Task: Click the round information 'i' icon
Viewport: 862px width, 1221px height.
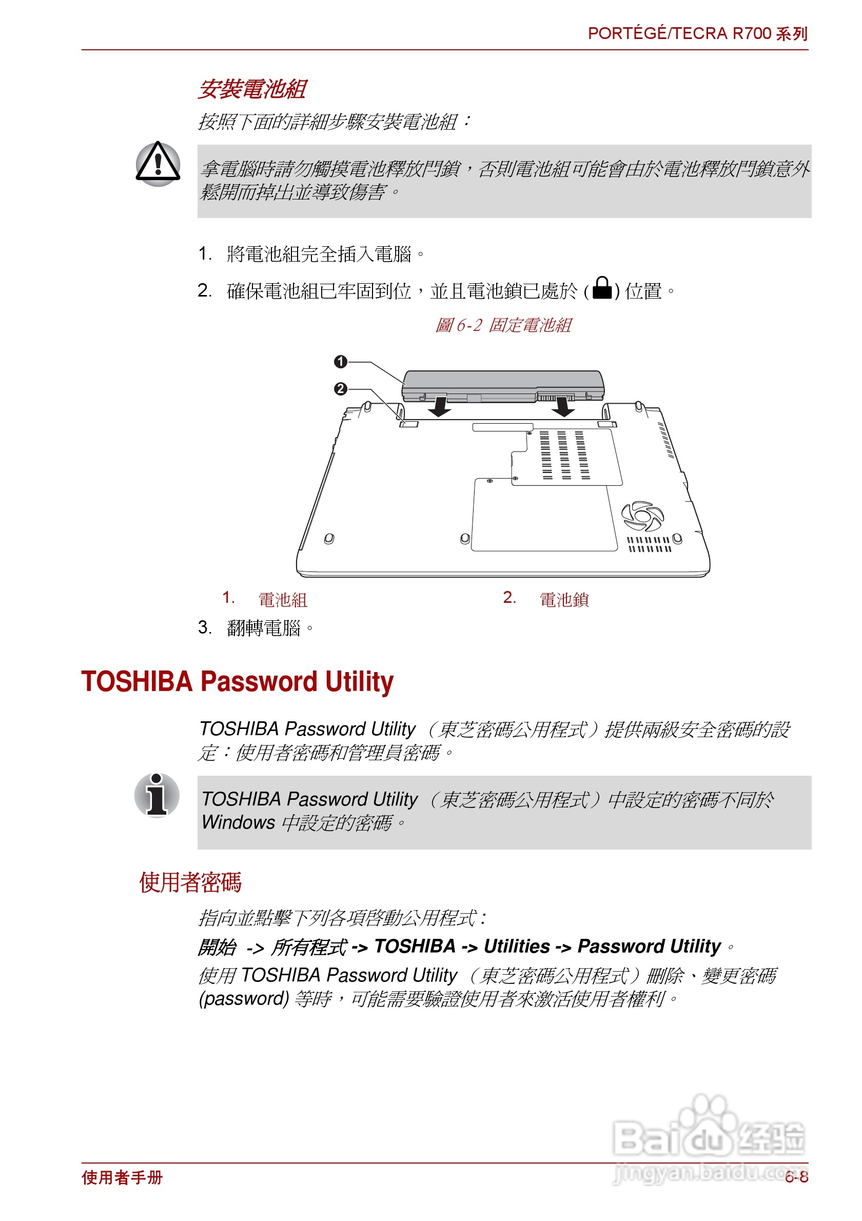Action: click(x=156, y=795)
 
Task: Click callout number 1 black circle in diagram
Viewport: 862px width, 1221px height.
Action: click(x=340, y=362)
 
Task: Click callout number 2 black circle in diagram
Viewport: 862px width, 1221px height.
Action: click(x=340, y=389)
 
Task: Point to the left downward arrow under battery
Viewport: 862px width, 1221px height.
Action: click(x=440, y=406)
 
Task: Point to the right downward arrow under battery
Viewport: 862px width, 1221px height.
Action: click(x=563, y=407)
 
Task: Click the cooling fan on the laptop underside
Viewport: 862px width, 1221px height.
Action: click(x=642, y=516)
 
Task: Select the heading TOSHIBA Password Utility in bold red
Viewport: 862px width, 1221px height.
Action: click(x=237, y=682)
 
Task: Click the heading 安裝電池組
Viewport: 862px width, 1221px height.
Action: click(x=251, y=89)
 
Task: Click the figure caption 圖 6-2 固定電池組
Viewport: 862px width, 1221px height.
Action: click(x=503, y=325)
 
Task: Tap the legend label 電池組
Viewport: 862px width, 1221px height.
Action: click(x=282, y=600)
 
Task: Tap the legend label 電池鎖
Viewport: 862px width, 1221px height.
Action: click(x=564, y=600)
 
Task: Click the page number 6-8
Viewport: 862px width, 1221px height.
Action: click(x=796, y=1177)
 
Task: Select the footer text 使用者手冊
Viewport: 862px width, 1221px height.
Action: click(x=122, y=1177)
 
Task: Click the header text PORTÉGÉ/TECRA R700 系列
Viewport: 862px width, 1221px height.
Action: click(x=697, y=33)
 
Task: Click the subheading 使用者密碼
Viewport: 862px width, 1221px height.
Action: click(x=190, y=882)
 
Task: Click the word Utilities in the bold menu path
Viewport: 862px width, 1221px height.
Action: click(x=516, y=947)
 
